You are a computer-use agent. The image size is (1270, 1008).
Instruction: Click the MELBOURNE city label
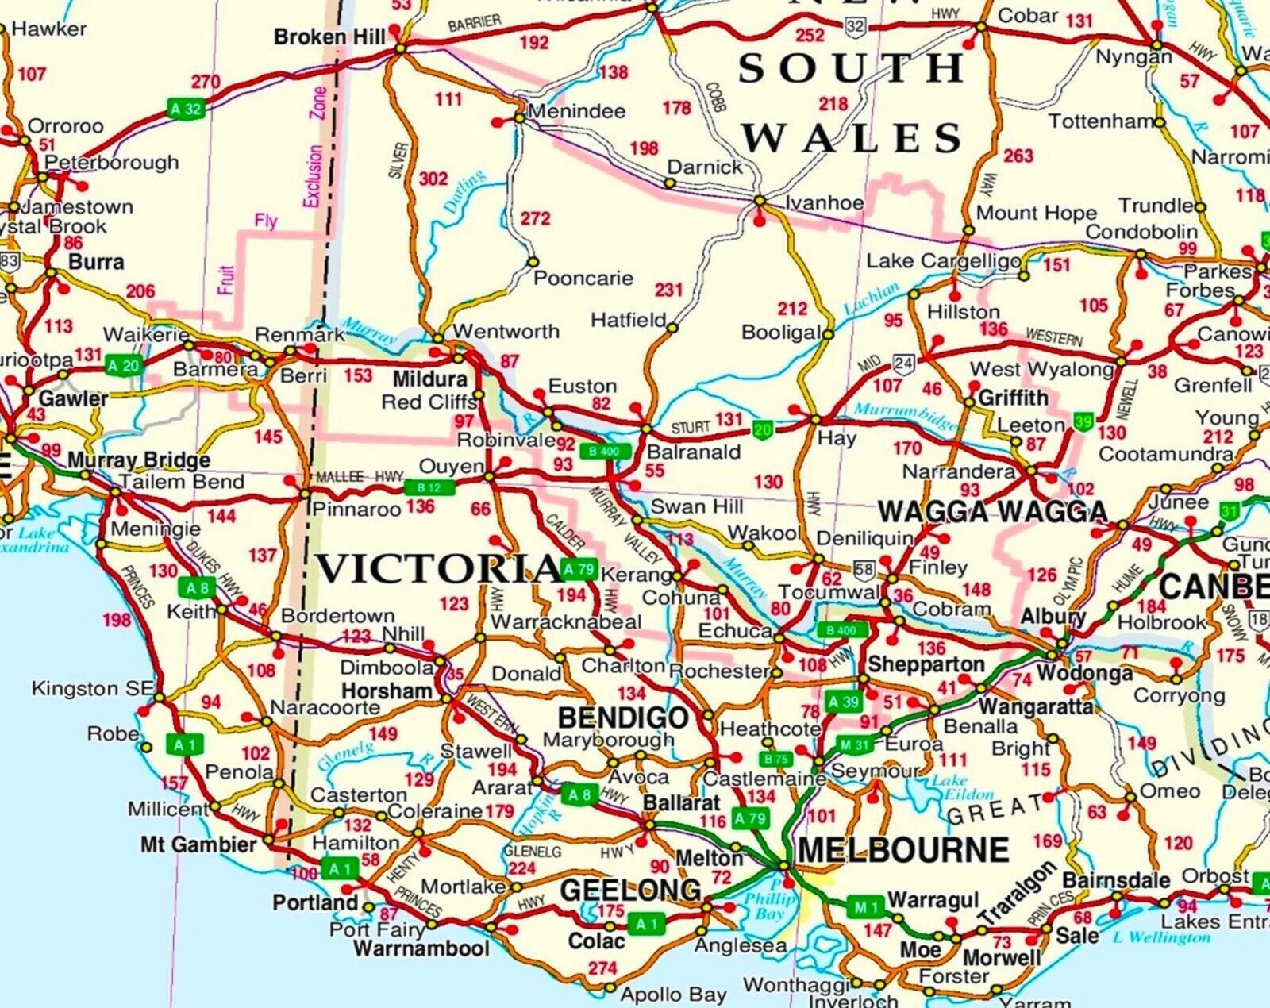click(x=902, y=851)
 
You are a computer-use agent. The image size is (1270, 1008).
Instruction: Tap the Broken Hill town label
click(x=329, y=37)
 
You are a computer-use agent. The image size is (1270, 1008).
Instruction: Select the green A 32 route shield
click(x=187, y=109)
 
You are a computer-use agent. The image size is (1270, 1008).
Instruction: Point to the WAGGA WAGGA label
click(x=992, y=512)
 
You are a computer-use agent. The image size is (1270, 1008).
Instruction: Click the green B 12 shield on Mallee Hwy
click(x=429, y=487)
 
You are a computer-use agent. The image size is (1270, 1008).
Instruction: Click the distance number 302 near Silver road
click(x=433, y=179)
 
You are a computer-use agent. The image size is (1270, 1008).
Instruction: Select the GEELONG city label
click(x=630, y=891)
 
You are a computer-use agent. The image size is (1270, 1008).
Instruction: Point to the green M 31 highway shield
click(x=854, y=744)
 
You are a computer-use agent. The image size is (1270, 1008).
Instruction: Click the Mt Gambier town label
click(x=198, y=844)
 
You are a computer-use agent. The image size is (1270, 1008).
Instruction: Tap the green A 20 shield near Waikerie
click(x=123, y=365)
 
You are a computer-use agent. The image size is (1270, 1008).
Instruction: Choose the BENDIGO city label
click(x=623, y=718)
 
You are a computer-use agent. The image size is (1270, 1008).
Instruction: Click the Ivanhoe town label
click(x=824, y=203)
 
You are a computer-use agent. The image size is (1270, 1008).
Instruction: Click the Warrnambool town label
click(x=421, y=948)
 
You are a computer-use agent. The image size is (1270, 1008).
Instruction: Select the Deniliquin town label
click(x=864, y=538)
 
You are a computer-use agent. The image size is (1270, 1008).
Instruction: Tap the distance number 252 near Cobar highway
click(x=810, y=35)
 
